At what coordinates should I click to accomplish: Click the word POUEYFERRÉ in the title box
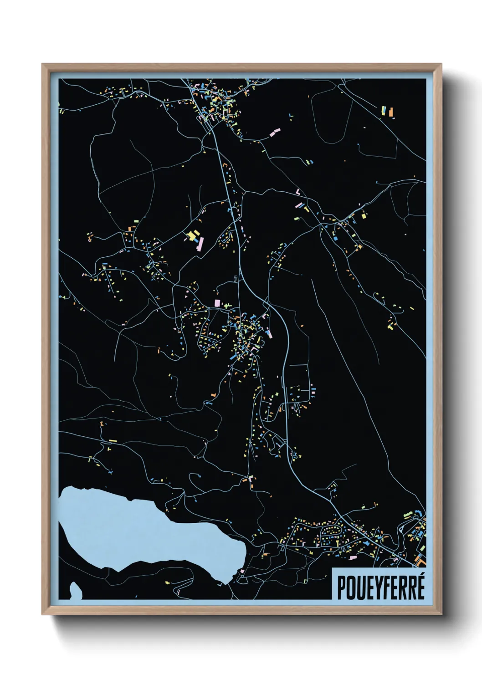(x=380, y=587)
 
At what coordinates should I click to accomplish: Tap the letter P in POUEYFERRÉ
(x=341, y=587)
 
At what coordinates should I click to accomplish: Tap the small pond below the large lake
(x=75, y=591)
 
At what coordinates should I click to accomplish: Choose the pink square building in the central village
(x=217, y=303)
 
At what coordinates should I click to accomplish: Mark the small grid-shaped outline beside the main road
(x=236, y=277)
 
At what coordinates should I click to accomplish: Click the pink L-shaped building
(x=298, y=192)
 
